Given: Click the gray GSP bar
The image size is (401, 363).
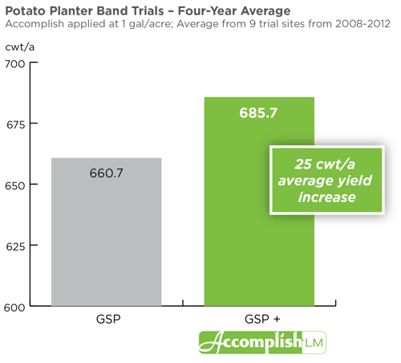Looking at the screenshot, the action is click(x=107, y=232).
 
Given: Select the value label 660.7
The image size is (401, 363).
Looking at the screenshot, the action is click(x=107, y=173).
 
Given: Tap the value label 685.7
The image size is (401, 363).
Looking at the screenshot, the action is click(x=258, y=112).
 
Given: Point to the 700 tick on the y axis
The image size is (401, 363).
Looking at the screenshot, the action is click(x=34, y=63).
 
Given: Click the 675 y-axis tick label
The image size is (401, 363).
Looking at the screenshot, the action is click(x=16, y=124).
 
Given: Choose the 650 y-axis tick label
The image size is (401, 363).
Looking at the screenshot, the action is click(x=15, y=186).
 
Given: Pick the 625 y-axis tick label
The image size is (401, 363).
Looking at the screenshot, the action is click(x=15, y=247).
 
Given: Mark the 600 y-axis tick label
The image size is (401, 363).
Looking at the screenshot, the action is click(x=14, y=308).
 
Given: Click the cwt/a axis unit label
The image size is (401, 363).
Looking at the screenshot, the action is click(x=20, y=47).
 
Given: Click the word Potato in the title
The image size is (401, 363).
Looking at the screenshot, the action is click(x=26, y=11).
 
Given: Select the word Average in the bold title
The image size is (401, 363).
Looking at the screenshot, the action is click(x=265, y=11).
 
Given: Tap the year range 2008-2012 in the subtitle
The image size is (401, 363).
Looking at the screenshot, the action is click(x=363, y=24).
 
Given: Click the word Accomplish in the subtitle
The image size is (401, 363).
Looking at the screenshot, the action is click(x=34, y=24).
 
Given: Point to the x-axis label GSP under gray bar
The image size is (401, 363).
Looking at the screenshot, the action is click(x=108, y=319).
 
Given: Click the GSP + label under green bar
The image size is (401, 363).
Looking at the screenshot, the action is click(x=262, y=319).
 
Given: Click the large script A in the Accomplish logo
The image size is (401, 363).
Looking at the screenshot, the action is click(x=211, y=342).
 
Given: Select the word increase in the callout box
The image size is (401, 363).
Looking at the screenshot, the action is click(x=327, y=197).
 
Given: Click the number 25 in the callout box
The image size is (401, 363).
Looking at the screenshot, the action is click(x=303, y=164).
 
